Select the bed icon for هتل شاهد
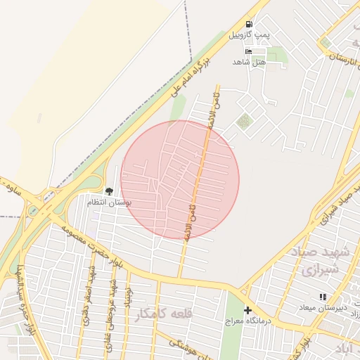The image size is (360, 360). pyautogui.click(x=248, y=51)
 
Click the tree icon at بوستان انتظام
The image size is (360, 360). pyautogui.click(x=108, y=191)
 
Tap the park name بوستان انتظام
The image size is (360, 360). pyautogui.click(x=109, y=202)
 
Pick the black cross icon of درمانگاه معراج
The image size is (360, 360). pyautogui.click(x=247, y=310)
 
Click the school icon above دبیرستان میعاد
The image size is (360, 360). pyautogui.click(x=323, y=297)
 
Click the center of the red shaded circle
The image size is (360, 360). pyautogui.click(x=180, y=179)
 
